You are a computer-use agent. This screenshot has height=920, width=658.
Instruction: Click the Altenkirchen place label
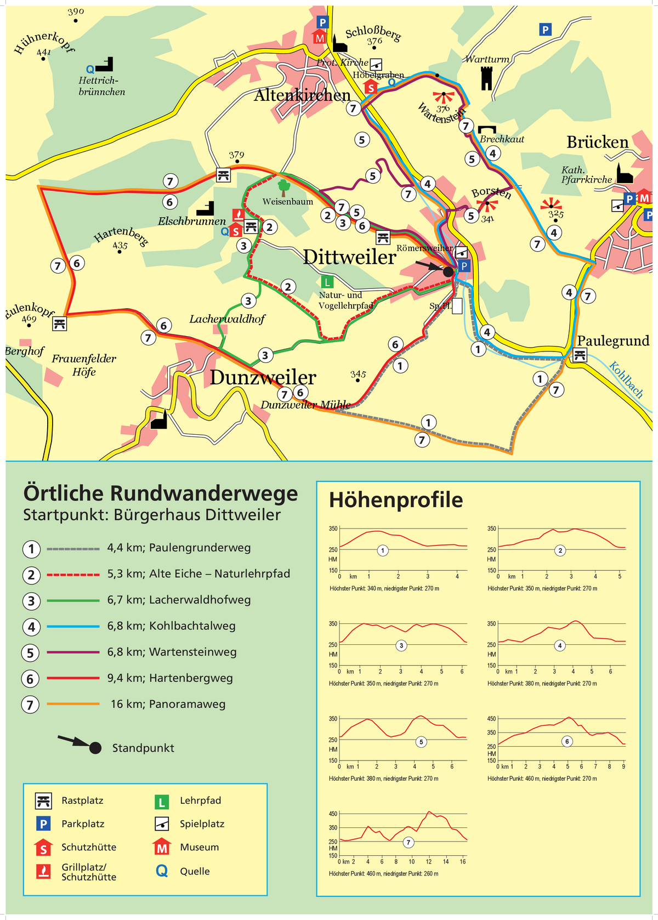tap(302, 95)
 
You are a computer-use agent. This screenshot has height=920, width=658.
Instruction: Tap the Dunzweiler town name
tap(263, 377)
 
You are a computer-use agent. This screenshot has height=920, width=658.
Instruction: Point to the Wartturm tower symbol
tap(486, 78)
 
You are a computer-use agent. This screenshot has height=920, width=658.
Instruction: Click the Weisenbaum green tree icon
tap(283, 188)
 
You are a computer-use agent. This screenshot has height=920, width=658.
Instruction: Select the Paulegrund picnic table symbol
tap(580, 356)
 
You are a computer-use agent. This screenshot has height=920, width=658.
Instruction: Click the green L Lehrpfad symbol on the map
tap(327, 282)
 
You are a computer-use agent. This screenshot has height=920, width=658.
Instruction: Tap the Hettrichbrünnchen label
tap(101, 86)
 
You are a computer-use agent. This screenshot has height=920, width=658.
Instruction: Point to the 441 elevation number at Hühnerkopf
tap(44, 52)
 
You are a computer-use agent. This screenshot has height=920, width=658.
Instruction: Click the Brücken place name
tap(597, 142)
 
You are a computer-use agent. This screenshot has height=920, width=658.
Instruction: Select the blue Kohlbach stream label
tap(626, 379)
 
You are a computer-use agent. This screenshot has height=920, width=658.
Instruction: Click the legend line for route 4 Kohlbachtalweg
tap(73, 626)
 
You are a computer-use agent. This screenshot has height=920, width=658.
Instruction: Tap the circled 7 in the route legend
tap(31, 705)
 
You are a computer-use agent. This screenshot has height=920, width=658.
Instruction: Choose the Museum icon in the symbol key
tap(161, 847)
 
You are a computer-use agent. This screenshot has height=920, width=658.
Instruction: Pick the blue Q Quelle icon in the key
tap(162, 871)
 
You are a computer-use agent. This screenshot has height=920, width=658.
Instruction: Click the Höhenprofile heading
tap(396, 500)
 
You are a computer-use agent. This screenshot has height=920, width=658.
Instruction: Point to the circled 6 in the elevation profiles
tap(567, 741)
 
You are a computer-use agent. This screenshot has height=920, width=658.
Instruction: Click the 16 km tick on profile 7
tap(463, 861)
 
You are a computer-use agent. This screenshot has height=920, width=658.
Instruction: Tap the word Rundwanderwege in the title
tap(204, 493)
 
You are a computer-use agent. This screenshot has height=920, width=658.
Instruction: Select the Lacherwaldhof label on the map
tap(227, 319)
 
